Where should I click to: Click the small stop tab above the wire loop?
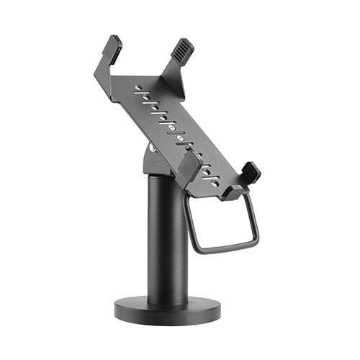pos(233,192)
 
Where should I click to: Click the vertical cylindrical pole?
pos(168,238)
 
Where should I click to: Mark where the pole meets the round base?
pos(168,300)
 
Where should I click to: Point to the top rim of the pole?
pos(167,177)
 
